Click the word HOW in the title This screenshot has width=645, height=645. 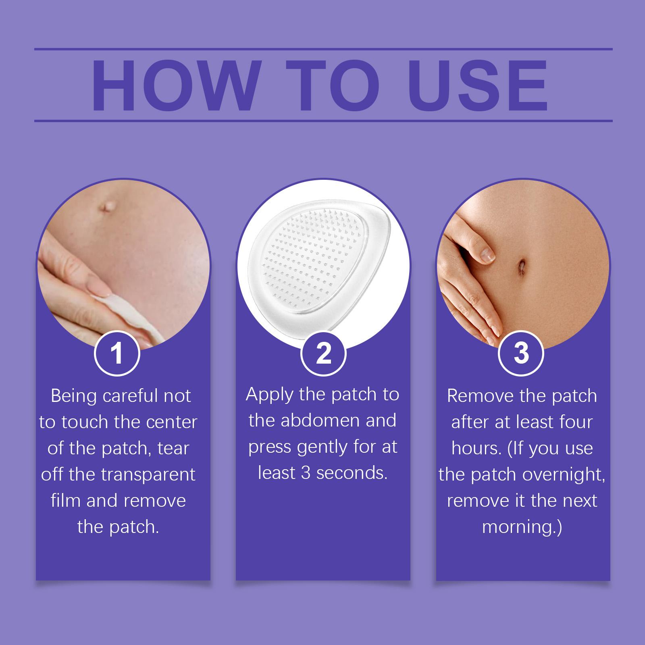pyautogui.click(x=175, y=85)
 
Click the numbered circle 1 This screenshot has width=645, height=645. pyautogui.click(x=117, y=353)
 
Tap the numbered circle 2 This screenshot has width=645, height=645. pyautogui.click(x=324, y=353)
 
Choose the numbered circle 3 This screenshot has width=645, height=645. pyautogui.click(x=521, y=353)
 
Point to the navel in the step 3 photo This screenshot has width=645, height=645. pyautogui.click(x=521, y=266)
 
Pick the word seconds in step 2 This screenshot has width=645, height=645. pyautogui.click(x=352, y=473)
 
